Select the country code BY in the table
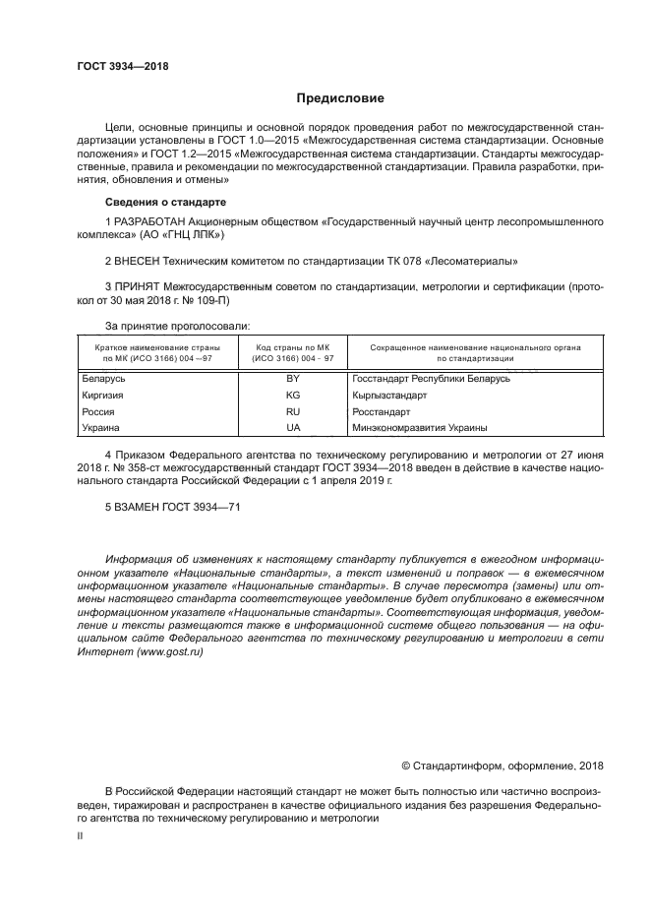tap(292, 379)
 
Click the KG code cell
tap(292, 396)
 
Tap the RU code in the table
tap(292, 411)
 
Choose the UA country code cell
tap(292, 428)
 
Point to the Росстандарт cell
tap(381, 411)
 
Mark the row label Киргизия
tap(103, 396)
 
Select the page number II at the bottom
tap(80, 834)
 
